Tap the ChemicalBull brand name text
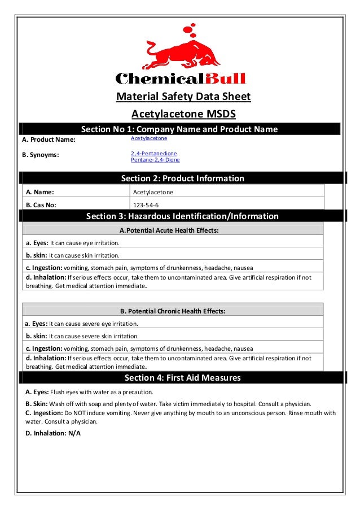click(x=180, y=78)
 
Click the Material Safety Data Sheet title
click(x=183, y=97)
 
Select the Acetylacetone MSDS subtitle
click(x=183, y=114)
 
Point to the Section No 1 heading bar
click(x=179, y=129)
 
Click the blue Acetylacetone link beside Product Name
click(x=149, y=138)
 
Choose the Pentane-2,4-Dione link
click(x=155, y=160)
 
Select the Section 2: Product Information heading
click(x=183, y=178)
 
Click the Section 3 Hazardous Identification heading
click(x=182, y=216)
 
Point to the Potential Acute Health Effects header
click(x=169, y=230)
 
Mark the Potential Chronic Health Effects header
click(x=173, y=311)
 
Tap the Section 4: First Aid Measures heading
click(x=182, y=378)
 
